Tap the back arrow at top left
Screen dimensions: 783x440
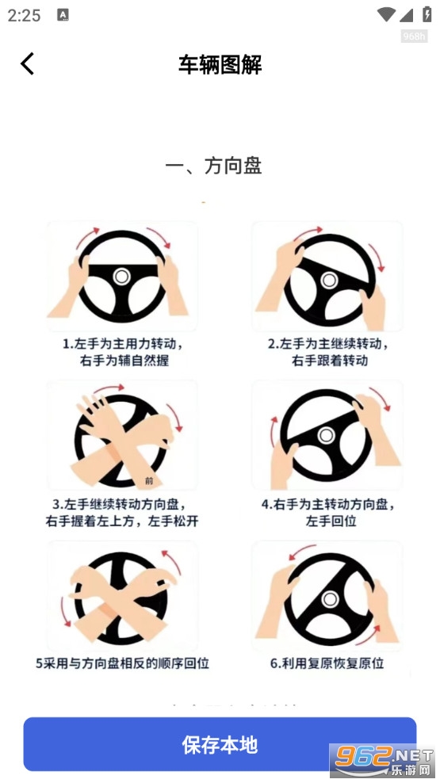[28, 63]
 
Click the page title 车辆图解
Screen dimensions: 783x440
[220, 64]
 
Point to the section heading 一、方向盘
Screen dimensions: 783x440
[213, 166]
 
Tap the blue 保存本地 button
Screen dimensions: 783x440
[220, 744]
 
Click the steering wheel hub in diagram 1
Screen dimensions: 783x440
[121, 276]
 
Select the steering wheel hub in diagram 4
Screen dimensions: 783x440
[325, 435]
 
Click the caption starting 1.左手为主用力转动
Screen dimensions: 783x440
[123, 345]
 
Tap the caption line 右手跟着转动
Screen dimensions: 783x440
[329, 361]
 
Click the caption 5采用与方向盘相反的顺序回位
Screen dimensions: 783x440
[122, 663]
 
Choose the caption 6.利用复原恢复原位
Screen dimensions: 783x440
[327, 663]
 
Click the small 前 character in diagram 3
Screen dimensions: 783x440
[150, 480]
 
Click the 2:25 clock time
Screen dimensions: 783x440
[25, 15]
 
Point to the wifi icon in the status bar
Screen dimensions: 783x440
[387, 14]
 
